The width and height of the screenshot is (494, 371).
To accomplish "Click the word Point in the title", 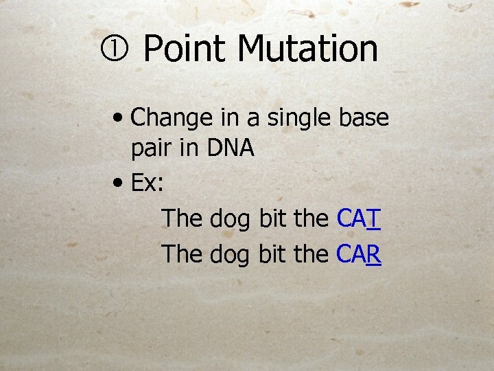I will click(185, 49).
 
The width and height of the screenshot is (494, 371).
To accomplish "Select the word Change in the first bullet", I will click(172, 118).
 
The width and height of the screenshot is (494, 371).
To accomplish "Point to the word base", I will click(364, 117).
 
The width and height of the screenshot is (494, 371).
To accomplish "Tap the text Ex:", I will click(146, 183).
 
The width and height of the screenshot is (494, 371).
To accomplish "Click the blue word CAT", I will click(359, 219).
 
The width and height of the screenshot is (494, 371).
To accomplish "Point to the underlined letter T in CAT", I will click(374, 219).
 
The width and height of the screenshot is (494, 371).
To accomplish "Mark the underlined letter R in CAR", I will click(375, 254).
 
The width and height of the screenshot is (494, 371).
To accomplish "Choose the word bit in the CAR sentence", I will click(272, 254).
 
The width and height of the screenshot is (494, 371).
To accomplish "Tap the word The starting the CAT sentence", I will click(183, 219).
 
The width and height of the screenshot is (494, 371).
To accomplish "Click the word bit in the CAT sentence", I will click(272, 219).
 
